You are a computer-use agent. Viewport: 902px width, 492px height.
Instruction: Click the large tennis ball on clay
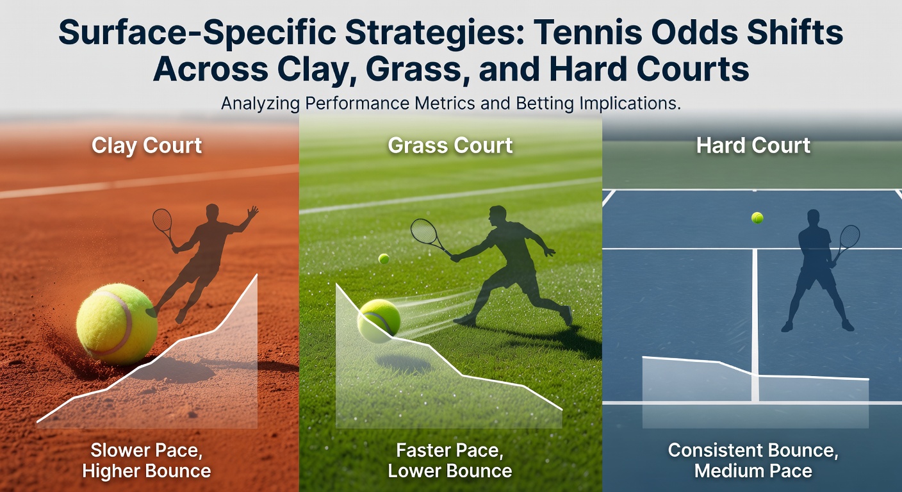point(117,324)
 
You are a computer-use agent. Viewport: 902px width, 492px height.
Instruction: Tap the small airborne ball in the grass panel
point(384,259)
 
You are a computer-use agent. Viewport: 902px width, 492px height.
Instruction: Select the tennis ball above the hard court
point(757,218)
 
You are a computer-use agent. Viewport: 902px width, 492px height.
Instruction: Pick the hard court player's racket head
point(850,237)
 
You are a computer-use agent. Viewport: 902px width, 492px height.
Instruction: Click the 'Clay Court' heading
point(147,145)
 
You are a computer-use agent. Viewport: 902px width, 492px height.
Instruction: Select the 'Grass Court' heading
point(450,145)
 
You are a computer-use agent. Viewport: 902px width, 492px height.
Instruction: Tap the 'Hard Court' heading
point(753,145)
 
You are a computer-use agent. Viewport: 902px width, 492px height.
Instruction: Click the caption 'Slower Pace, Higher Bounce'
point(147,460)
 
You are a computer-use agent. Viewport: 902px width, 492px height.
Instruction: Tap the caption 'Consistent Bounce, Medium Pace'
point(753,460)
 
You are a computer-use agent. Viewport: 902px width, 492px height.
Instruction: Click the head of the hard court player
point(814,218)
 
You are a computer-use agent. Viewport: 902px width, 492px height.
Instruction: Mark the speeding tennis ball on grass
point(379,320)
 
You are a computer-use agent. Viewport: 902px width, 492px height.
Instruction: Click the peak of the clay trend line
point(257,275)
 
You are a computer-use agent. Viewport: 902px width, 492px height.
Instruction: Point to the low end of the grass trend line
point(562,410)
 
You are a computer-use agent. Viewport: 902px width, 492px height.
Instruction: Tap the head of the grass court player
point(496,215)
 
